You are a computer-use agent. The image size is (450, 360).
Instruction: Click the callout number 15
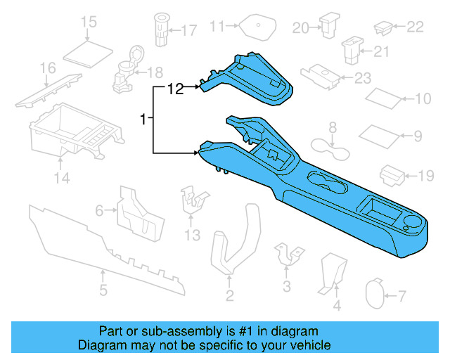[89, 22]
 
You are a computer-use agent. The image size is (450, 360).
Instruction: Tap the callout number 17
[189, 30]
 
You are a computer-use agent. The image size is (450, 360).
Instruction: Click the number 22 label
[416, 27]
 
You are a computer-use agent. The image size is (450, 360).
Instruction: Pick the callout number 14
[63, 178]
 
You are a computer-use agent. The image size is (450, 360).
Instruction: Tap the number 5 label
[103, 290]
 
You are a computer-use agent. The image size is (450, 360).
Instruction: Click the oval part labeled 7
[375, 297]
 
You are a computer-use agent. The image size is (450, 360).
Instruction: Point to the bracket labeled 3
[288, 255]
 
